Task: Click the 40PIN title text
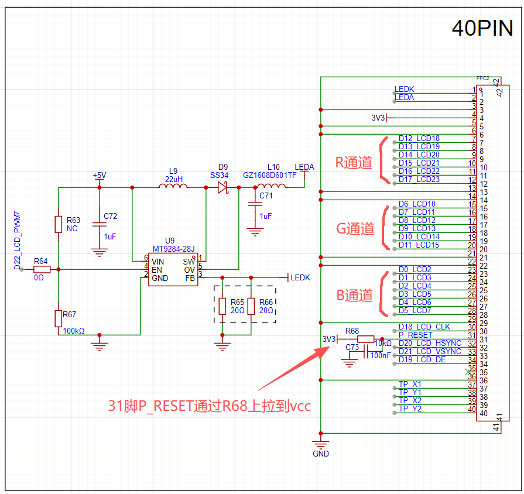click(482, 28)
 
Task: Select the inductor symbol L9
click(173, 187)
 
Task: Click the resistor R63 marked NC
click(59, 224)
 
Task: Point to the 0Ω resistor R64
click(42, 269)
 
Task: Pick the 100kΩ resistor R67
click(59, 318)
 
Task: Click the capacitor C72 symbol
click(100, 224)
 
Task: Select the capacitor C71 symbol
click(254, 204)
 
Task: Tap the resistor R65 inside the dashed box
click(222, 306)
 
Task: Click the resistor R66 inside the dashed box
click(251, 306)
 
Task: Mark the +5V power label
click(100, 176)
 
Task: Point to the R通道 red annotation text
click(354, 163)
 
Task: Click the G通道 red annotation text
click(355, 229)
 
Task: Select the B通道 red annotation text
click(354, 296)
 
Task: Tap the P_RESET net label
click(416, 335)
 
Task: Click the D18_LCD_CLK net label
click(424, 327)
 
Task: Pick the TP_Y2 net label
click(410, 409)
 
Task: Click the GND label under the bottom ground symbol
click(321, 454)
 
